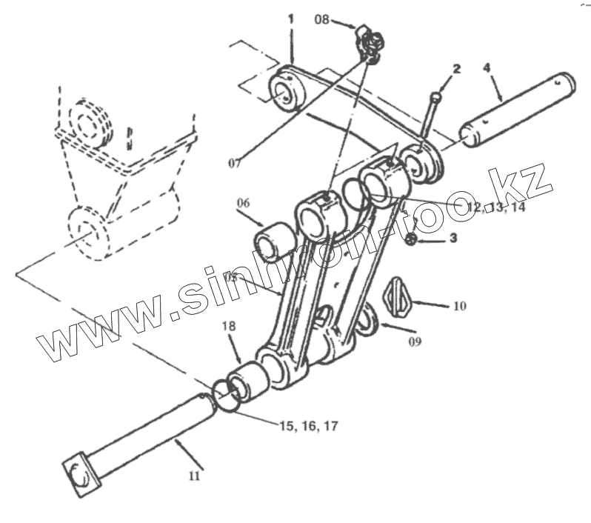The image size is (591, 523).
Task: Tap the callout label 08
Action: click(x=322, y=19)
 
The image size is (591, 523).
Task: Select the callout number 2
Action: click(x=457, y=69)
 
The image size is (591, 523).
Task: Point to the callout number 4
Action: click(x=487, y=68)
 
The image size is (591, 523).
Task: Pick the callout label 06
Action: click(x=244, y=202)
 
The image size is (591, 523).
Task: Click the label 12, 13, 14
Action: click(x=495, y=207)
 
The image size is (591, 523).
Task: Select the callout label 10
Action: click(x=459, y=305)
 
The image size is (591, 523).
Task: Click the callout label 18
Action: click(x=228, y=327)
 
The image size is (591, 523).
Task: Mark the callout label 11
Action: click(x=194, y=476)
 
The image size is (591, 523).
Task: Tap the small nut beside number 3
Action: click(x=413, y=239)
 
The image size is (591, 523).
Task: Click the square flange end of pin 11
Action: click(x=78, y=473)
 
